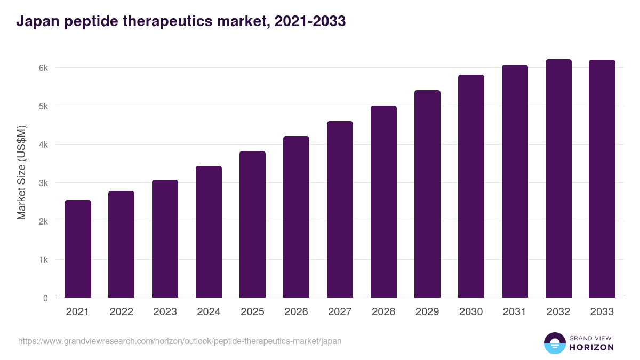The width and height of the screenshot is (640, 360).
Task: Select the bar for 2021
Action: pyautogui.click(x=78, y=249)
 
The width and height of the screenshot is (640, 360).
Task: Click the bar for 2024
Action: pyautogui.click(x=209, y=232)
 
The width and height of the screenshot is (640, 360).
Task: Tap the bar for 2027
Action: pyautogui.click(x=340, y=210)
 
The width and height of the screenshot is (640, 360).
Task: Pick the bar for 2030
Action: pyautogui.click(x=471, y=186)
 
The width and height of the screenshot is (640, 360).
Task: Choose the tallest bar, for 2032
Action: pyautogui.click(x=558, y=179)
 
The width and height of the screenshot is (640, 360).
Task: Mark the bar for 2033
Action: pyautogui.click(x=602, y=179)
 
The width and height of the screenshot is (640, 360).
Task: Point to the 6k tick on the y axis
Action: pyautogui.click(x=43, y=68)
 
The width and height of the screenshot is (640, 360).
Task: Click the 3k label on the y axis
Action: pyautogui.click(x=43, y=183)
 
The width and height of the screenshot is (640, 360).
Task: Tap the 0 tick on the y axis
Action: pyautogui.click(x=45, y=298)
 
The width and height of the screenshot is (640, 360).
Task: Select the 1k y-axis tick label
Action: pyautogui.click(x=43, y=260)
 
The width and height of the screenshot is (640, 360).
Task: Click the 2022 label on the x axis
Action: pyautogui.click(x=121, y=312)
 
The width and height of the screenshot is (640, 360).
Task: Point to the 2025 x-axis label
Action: pyautogui.click(x=252, y=312)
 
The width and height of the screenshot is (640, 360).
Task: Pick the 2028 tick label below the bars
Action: pyautogui.click(x=383, y=312)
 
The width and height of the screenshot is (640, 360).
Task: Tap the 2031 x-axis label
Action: pyautogui.click(x=515, y=312)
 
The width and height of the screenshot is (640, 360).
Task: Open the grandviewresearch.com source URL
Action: pyautogui.click(x=180, y=341)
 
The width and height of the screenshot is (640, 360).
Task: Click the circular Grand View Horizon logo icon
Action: pyautogui.click(x=555, y=343)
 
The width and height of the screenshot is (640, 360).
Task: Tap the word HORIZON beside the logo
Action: pyautogui.click(x=591, y=347)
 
